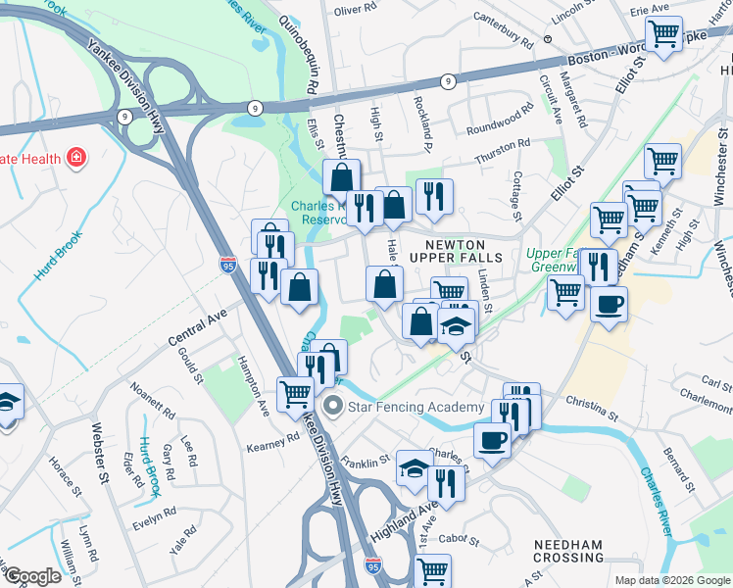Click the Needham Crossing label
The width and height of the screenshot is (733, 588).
click(567, 550)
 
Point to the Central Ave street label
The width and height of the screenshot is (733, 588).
click(197, 327)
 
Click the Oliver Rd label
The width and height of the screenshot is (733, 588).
click(355, 10)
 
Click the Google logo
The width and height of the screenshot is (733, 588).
click(33, 576)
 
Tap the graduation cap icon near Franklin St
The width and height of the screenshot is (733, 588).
click(415, 467)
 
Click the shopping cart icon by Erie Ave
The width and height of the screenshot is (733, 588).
click(664, 33)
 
